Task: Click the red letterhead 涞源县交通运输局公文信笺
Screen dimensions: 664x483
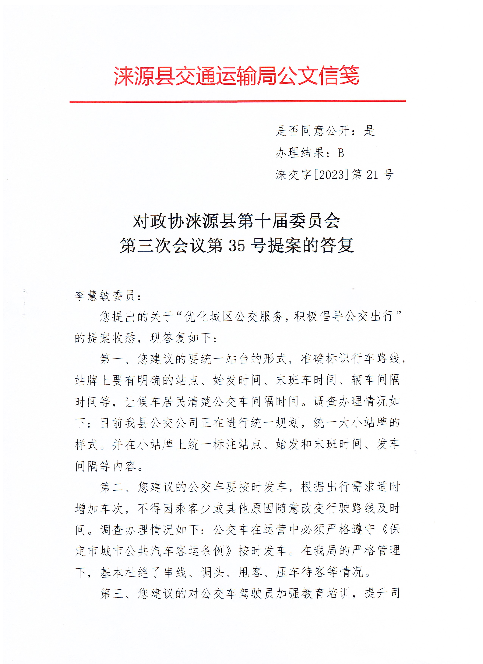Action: [237, 76]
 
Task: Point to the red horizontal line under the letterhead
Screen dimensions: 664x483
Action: [237, 101]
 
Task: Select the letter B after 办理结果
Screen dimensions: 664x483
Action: [340, 153]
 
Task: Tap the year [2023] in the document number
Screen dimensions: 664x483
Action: [331, 175]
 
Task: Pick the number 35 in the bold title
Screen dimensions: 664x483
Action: [237, 245]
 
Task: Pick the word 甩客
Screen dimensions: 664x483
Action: [250, 572]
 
